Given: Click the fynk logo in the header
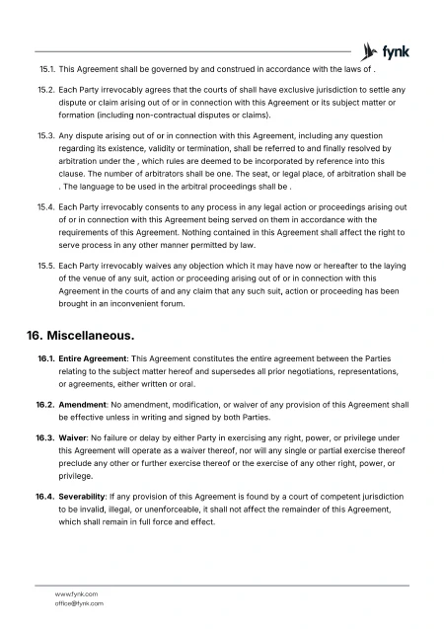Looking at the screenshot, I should coord(386,50).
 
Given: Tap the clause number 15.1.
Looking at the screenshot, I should coord(45,71).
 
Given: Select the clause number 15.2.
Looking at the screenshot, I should coord(45,92).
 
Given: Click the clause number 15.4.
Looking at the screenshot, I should coord(45,208).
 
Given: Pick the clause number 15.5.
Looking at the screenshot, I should coord(45,267).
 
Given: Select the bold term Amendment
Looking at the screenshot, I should coord(84,405).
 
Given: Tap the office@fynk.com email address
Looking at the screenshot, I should coord(79,602).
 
